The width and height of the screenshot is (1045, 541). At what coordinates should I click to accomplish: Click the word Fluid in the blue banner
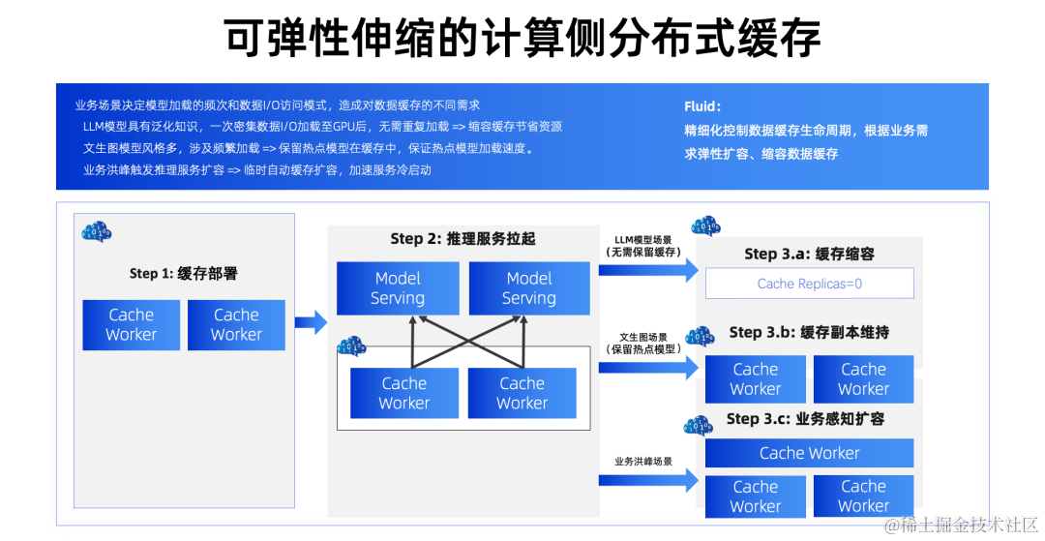[x=701, y=106]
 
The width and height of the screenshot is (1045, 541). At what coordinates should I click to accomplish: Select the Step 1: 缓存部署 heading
[x=184, y=274]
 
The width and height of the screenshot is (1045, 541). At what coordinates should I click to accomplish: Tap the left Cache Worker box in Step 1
[x=132, y=324]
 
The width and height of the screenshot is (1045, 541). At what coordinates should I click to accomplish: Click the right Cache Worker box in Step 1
[x=236, y=324]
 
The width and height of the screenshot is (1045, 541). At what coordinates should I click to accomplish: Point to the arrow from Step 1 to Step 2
[x=311, y=322]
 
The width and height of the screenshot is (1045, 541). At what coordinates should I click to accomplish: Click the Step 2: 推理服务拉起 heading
[x=463, y=239]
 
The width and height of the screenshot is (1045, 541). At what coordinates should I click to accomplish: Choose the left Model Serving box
[x=398, y=288]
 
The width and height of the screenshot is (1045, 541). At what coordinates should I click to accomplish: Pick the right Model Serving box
[x=529, y=288]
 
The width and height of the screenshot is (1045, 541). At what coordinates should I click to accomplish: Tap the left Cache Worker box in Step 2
[x=404, y=393]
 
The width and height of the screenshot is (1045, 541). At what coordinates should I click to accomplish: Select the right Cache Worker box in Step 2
[x=522, y=393]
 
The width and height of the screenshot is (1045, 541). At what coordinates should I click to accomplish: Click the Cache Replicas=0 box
[x=809, y=284]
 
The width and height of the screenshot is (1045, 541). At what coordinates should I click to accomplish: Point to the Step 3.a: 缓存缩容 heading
[x=809, y=254]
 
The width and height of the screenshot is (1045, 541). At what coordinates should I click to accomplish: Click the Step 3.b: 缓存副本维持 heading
[x=809, y=332]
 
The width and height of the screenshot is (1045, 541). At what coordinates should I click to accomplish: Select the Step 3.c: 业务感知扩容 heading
[x=805, y=419]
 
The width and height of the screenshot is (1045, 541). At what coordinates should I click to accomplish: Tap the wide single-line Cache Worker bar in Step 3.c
[x=809, y=453]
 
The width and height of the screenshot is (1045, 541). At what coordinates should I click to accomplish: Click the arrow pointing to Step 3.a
[x=647, y=270]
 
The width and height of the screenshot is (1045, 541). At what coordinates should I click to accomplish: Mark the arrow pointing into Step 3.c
[x=647, y=478]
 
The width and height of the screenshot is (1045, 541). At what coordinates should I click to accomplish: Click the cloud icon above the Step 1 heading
[x=97, y=232]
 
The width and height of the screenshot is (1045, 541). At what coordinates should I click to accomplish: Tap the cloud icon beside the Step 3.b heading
[x=699, y=337]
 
